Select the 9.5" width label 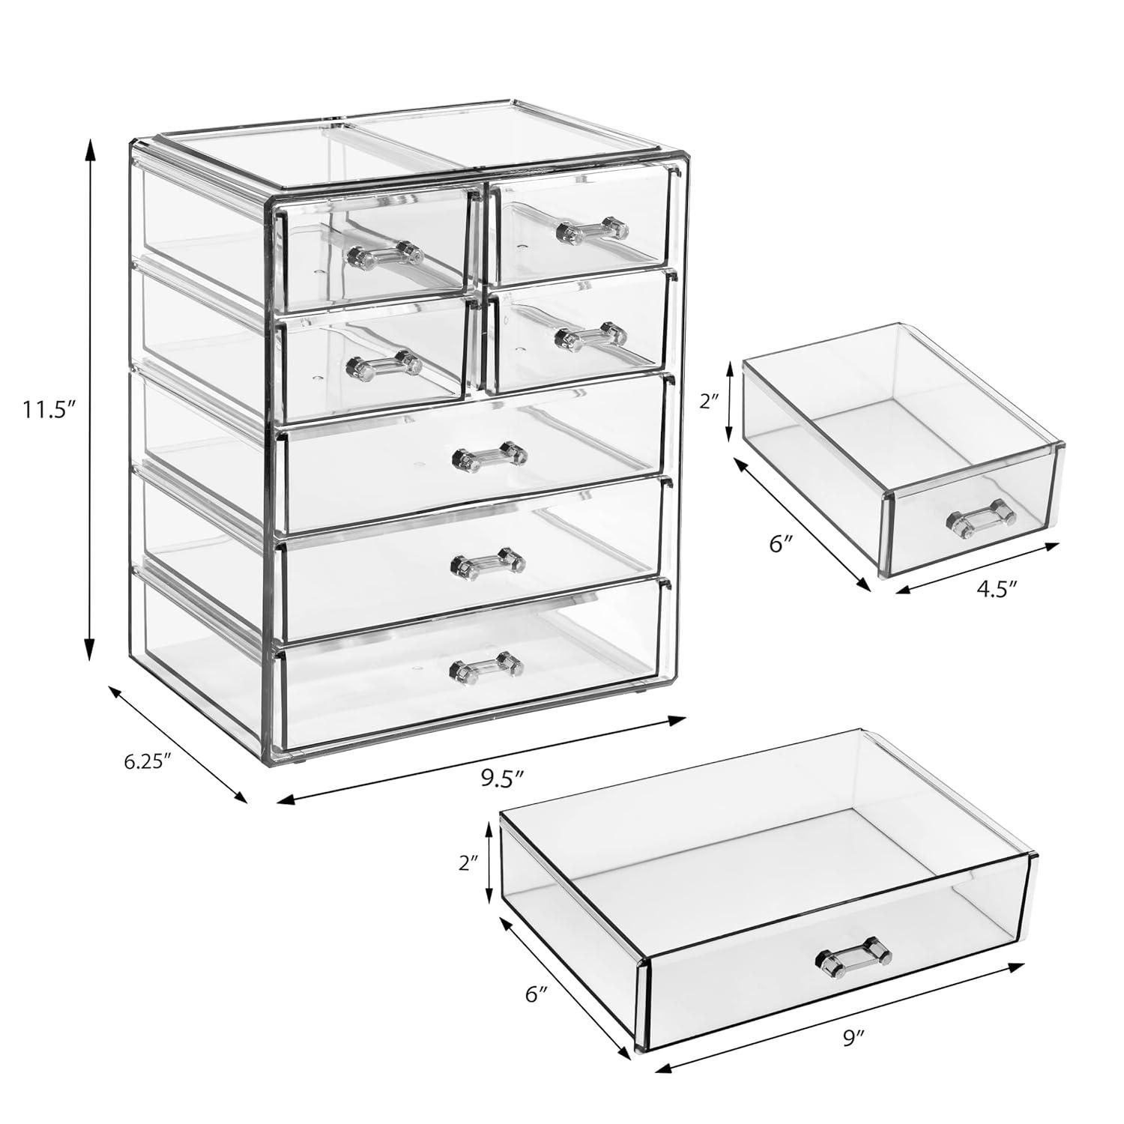(501, 779)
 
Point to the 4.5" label (996, 589)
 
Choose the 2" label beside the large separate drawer (471, 863)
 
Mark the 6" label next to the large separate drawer (537, 994)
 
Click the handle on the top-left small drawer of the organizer (384, 254)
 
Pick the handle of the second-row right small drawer (590, 336)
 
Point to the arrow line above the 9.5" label (481, 761)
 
